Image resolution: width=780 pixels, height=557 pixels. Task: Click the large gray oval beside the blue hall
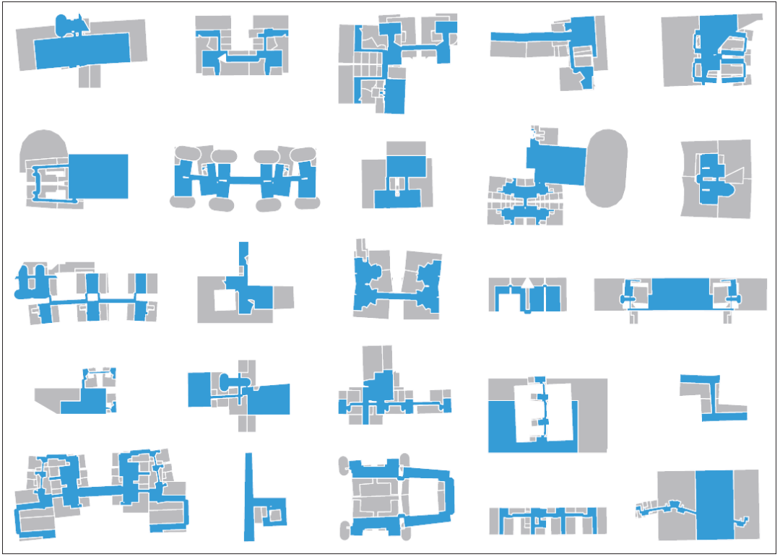point(607,168)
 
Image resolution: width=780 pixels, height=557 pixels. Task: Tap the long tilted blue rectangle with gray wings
point(79,49)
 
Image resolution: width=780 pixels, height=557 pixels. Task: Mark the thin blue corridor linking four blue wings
point(246,178)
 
